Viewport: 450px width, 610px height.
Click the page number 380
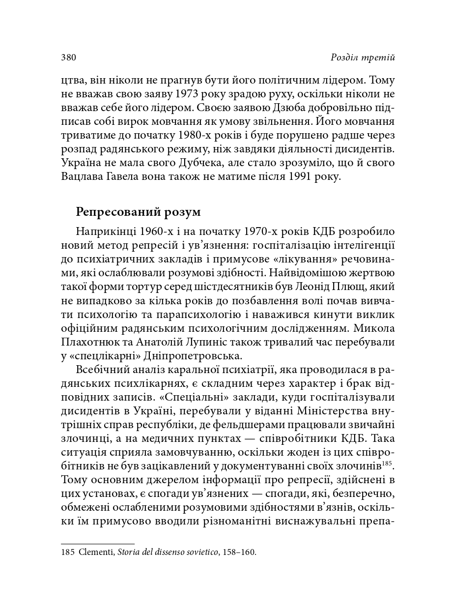(68, 58)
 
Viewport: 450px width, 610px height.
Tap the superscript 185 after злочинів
(388, 463)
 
